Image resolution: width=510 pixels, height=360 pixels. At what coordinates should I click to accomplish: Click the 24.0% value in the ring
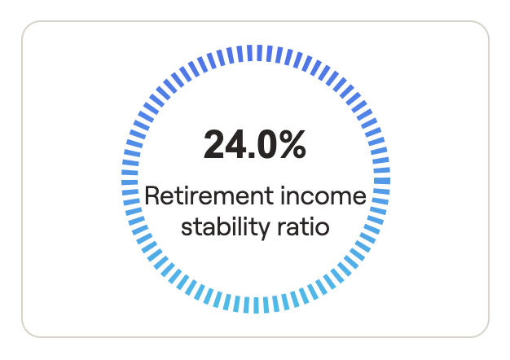pyautogui.click(x=255, y=144)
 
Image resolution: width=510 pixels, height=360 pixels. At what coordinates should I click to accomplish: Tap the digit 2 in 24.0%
pyautogui.click(x=213, y=144)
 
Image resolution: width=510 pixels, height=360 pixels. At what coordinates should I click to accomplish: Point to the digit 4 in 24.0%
pyautogui.click(x=235, y=144)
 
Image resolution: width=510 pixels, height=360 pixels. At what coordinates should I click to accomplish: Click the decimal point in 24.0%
pyautogui.click(x=251, y=155)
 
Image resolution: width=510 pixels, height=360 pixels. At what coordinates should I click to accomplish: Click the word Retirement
pyautogui.click(x=209, y=195)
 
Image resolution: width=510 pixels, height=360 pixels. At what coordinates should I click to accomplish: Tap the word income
pyautogui.click(x=323, y=195)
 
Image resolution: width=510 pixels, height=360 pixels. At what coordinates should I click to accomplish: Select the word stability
pyautogui.click(x=225, y=226)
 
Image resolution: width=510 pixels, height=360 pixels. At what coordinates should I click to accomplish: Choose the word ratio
pyautogui.click(x=303, y=226)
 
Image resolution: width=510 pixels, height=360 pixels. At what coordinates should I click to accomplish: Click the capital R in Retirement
pyautogui.click(x=152, y=195)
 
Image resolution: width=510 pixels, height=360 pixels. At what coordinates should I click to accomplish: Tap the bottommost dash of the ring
pyautogui.click(x=256, y=305)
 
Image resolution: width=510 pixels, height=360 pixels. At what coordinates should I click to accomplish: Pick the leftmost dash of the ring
pyautogui.click(x=130, y=182)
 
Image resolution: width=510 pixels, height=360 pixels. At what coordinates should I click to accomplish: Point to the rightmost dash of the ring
pyautogui.click(x=382, y=181)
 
